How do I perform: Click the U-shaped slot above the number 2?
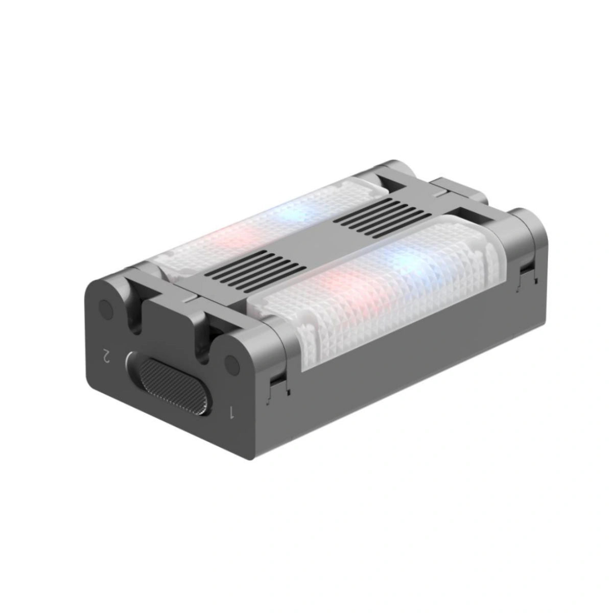[134, 319]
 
